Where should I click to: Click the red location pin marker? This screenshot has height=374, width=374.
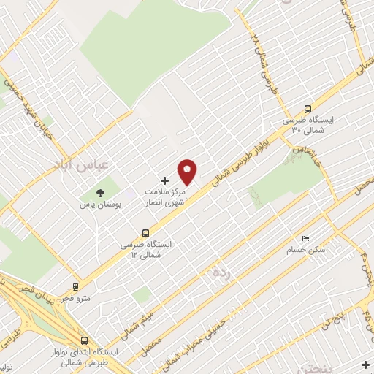click(188, 171)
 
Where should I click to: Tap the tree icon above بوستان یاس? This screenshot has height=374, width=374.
click(97, 193)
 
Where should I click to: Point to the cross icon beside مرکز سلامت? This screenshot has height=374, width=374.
click(164, 180)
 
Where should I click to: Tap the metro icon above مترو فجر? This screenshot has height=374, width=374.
click(75, 287)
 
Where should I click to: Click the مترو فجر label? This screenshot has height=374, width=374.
click(76, 299)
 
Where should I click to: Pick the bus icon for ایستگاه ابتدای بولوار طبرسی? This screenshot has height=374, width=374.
click(85, 340)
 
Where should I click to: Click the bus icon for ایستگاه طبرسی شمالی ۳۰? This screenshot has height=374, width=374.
click(308, 104)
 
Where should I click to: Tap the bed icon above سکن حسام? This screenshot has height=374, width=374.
click(306, 239)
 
